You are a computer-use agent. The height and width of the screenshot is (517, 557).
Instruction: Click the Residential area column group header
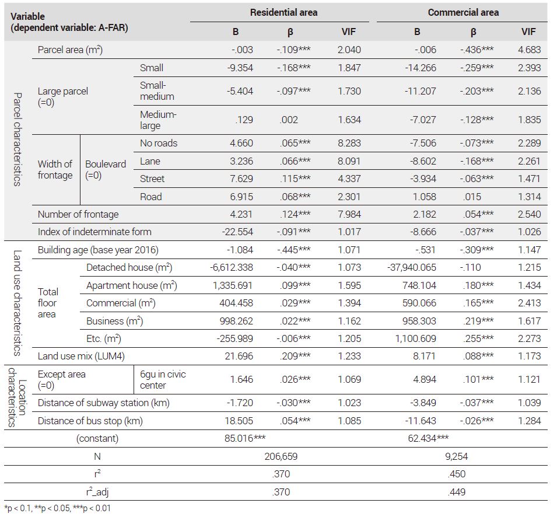[x=283, y=12]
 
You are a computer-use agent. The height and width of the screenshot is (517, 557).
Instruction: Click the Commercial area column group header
[x=463, y=12]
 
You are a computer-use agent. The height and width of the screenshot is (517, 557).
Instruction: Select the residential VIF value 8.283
[x=349, y=143]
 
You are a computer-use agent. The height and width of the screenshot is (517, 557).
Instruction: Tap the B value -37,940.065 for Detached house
[x=412, y=268]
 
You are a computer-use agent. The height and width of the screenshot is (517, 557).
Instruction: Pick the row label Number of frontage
[x=78, y=214]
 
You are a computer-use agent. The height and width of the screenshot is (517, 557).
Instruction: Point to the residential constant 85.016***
[x=245, y=438]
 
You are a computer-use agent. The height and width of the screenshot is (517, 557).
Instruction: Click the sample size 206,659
[x=281, y=456]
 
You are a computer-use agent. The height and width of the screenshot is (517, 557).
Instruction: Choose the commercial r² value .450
[x=457, y=474]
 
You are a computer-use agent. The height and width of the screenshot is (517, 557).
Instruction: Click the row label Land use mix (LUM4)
[x=81, y=356]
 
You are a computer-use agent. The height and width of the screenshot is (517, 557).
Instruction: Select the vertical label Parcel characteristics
[x=17, y=139]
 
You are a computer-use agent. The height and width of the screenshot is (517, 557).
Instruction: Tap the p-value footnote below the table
[x=58, y=508]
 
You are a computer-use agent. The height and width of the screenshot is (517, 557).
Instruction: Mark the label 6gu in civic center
[x=163, y=379]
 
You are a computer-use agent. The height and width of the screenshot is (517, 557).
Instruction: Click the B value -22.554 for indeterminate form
[x=237, y=232]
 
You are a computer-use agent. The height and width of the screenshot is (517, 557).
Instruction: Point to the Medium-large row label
[x=158, y=120]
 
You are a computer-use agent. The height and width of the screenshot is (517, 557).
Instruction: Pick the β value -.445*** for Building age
[x=294, y=250]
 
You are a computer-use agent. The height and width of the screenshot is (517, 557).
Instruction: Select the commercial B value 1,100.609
[x=416, y=338]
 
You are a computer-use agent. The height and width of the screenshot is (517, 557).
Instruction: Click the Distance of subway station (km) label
[x=103, y=403]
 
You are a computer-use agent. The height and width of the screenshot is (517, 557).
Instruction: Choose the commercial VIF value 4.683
[x=529, y=50]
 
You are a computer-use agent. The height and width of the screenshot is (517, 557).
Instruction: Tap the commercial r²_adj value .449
[x=457, y=492]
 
